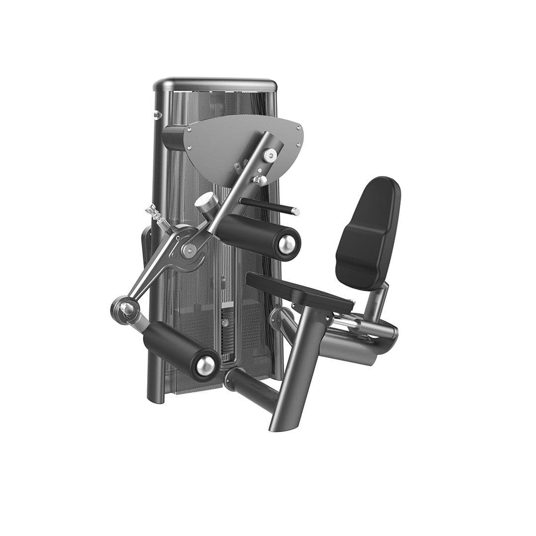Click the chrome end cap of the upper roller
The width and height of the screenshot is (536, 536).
tap(287, 244)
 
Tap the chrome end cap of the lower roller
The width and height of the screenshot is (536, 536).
tap(206, 366)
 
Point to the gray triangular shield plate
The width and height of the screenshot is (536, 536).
tap(229, 144)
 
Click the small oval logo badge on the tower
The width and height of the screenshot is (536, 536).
tap(157, 115)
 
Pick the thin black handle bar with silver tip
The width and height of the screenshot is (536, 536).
tap(268, 205)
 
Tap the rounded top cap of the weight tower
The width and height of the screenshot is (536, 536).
tap(215, 84)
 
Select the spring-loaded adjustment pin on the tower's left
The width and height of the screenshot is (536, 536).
tap(155, 215)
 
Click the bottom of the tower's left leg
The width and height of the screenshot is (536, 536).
tap(156, 395)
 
